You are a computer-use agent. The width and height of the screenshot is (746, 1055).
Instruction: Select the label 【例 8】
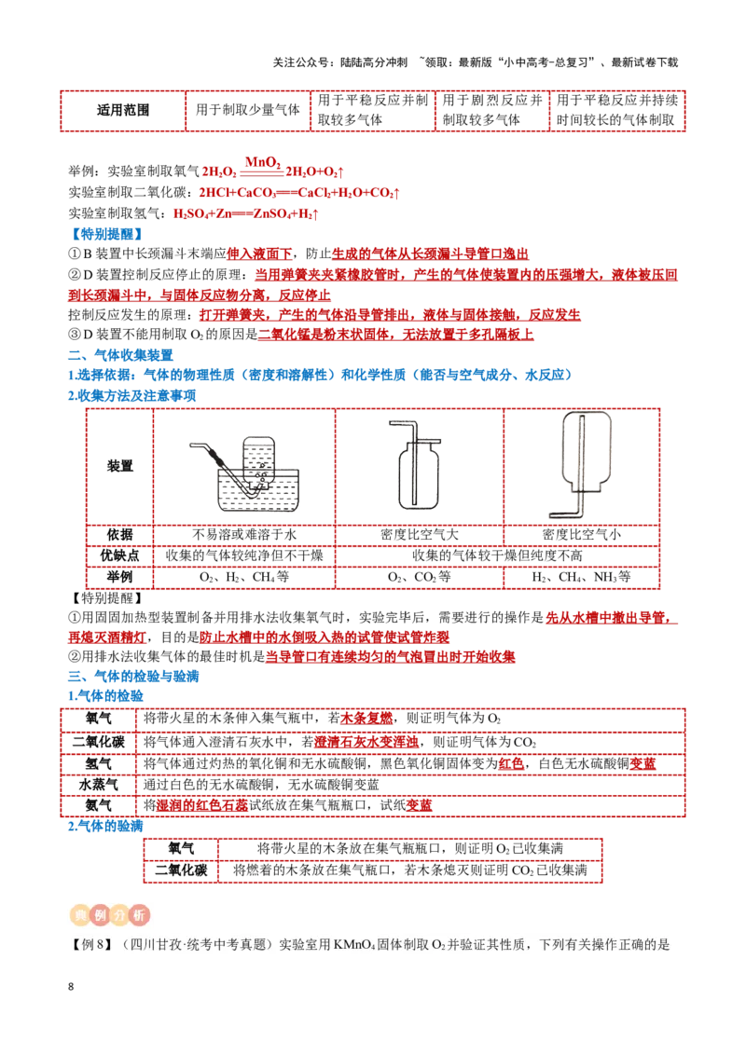click(90, 945)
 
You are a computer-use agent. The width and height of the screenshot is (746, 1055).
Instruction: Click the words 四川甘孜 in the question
click(154, 945)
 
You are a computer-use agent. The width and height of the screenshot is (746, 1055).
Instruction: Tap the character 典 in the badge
click(77, 915)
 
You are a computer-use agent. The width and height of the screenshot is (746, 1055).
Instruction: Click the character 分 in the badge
click(119, 915)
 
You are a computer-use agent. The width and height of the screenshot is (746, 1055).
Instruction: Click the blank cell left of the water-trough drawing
click(119, 466)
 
